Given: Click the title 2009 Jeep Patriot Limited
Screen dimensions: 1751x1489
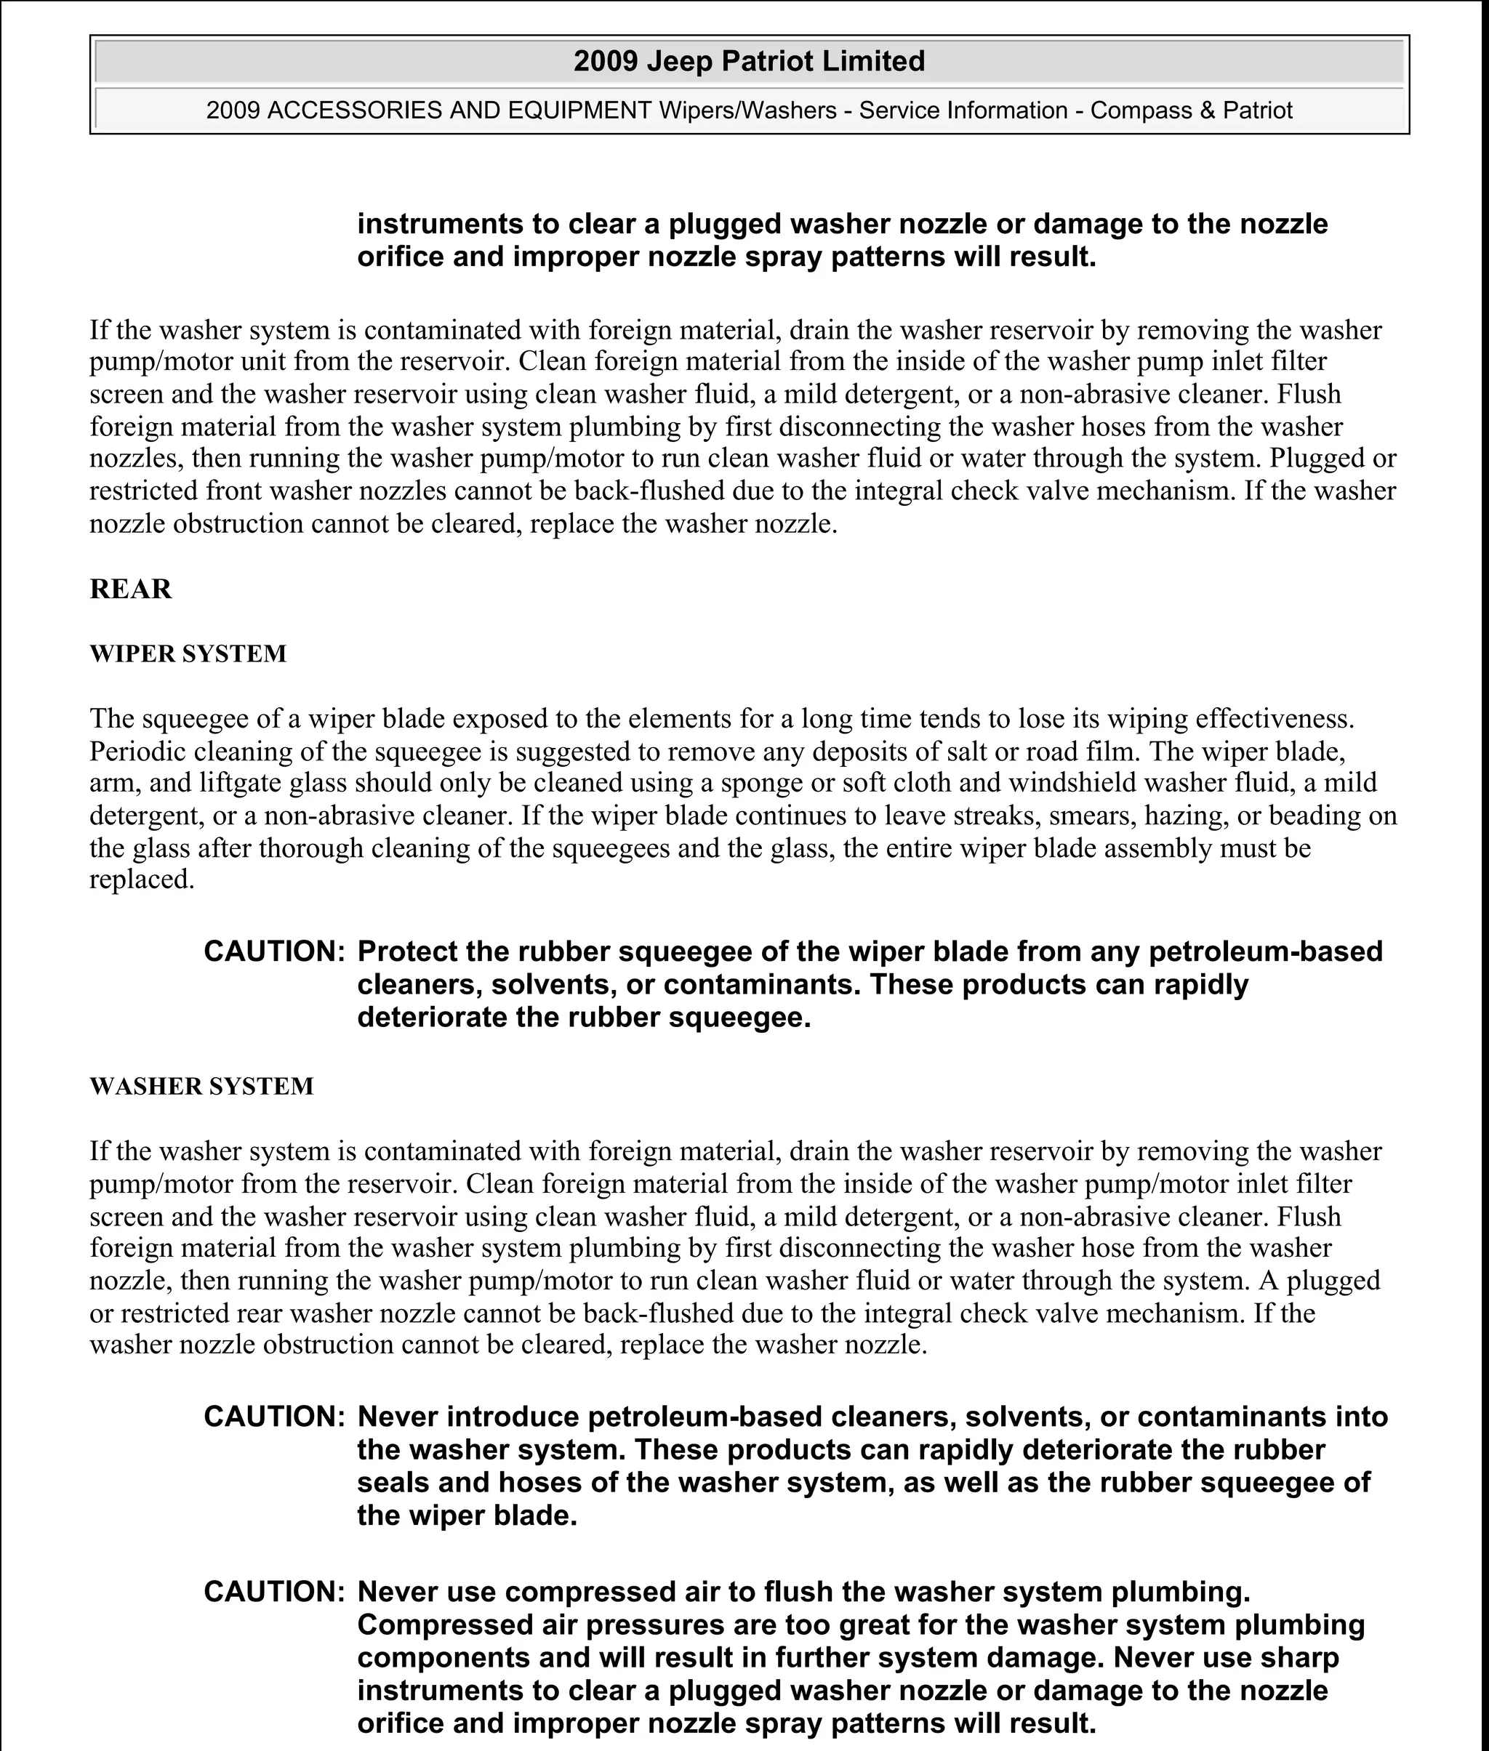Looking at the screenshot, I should (749, 62).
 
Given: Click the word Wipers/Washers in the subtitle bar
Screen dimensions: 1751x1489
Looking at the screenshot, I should (747, 110).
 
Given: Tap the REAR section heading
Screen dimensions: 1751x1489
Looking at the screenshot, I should (131, 589).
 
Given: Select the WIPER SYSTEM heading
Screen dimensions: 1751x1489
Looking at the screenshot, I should (188, 654).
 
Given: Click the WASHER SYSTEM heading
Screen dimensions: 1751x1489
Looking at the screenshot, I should (201, 1086).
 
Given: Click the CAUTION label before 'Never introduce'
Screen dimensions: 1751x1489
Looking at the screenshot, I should (274, 1417).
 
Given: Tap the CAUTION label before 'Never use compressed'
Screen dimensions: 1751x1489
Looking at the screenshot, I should (274, 1593).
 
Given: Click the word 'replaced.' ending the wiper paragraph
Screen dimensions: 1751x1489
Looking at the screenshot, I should (142, 880).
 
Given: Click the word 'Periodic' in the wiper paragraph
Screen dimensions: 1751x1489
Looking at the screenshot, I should (137, 751).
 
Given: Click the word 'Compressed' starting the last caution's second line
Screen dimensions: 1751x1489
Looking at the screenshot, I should (445, 1625).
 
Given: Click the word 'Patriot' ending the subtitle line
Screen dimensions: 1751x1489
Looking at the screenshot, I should (1258, 110).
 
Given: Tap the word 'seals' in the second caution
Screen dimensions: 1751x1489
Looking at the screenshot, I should (393, 1483).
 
